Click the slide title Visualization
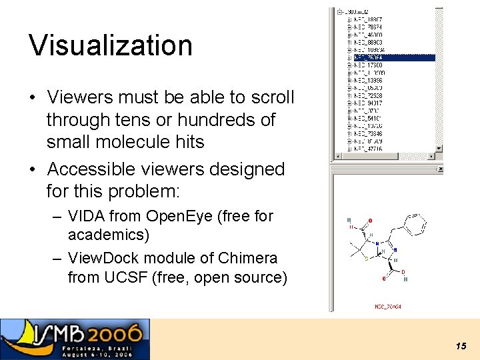pos(111,45)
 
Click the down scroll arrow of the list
pos(439,148)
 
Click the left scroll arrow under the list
pos(337,157)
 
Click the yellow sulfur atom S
pos(365,259)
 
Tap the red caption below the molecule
pos(388,307)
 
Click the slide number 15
pos(461,346)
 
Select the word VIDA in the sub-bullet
pos(86,216)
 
